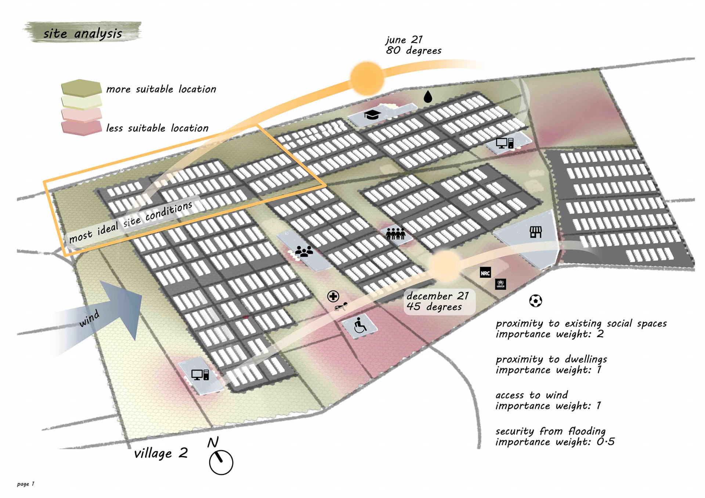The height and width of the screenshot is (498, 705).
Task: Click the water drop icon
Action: pyautogui.click(x=428, y=97)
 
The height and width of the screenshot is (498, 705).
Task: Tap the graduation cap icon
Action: pyautogui.click(x=372, y=115)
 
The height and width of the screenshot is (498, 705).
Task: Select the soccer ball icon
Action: pyautogui.click(x=535, y=301)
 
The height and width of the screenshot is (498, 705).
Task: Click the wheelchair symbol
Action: pyautogui.click(x=360, y=326)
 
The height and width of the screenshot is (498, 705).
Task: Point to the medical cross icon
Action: pyautogui.click(x=333, y=297)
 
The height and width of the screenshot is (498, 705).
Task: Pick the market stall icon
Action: pyautogui.click(x=536, y=232)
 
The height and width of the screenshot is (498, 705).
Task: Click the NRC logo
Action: pyautogui.click(x=485, y=273)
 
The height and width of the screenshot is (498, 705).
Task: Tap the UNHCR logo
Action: pyautogui.click(x=500, y=284)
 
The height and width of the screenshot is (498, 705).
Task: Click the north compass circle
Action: pyautogui.click(x=221, y=462)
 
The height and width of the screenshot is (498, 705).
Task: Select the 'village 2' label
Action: pyautogui.click(x=161, y=454)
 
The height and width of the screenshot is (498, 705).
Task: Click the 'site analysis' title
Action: pyautogui.click(x=83, y=33)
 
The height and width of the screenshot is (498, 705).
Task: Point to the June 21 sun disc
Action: pyautogui.click(x=366, y=78)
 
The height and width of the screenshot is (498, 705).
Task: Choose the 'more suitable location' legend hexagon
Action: pyautogui.click(x=81, y=88)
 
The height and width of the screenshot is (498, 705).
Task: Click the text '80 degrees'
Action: pyautogui.click(x=413, y=50)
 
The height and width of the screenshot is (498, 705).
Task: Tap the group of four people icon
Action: pyautogui.click(x=395, y=233)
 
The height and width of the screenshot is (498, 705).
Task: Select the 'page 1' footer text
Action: pyautogui.click(x=26, y=484)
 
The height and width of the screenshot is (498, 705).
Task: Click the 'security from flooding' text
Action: pyautogui.click(x=550, y=431)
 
